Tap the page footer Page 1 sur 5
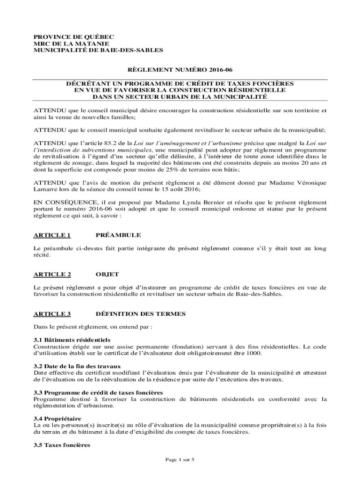pos(180,460)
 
